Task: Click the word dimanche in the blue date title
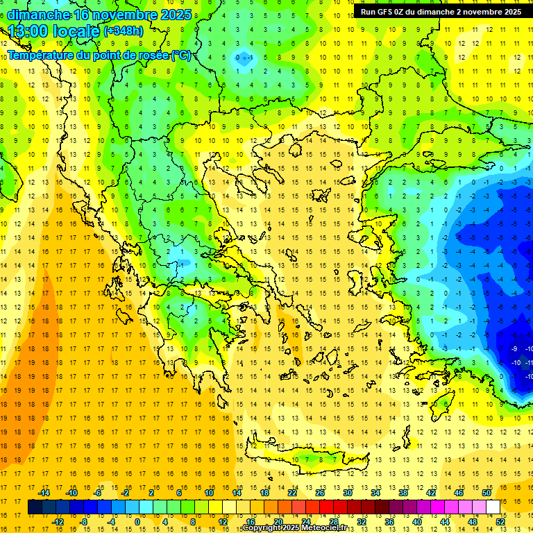coord(38,15)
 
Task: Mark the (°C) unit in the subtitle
coord(180,56)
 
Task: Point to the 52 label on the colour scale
coord(501,521)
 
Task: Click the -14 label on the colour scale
coord(44,493)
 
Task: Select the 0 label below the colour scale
coord(137,521)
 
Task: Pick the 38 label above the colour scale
coord(403,493)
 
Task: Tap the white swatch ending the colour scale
coord(493,507)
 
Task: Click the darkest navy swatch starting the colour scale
coord(35,507)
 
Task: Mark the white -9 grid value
coord(514,348)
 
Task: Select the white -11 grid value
coord(529,362)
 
